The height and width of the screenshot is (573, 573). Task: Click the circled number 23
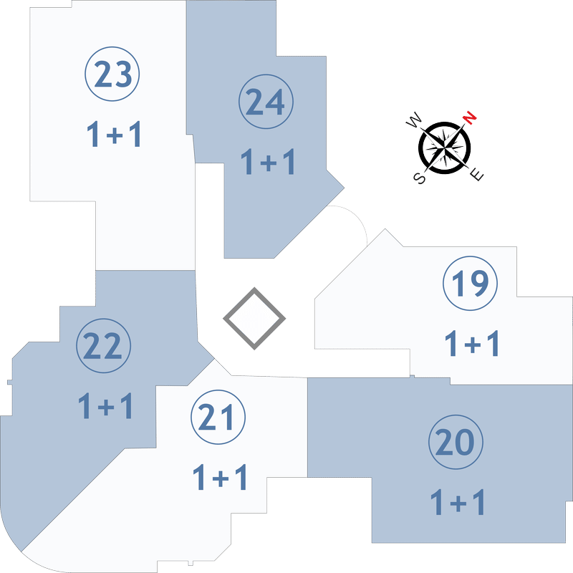(x=112, y=74)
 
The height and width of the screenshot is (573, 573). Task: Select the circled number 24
(x=266, y=102)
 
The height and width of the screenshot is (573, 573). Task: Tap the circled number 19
(x=470, y=283)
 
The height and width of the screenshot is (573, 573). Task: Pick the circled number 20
(x=456, y=442)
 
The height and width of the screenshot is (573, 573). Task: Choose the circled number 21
(x=218, y=417)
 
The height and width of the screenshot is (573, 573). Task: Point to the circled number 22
(x=103, y=346)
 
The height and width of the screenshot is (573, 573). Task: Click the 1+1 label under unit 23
(x=114, y=135)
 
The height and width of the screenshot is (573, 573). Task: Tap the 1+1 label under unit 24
(x=268, y=162)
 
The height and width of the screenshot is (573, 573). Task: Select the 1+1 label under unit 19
(x=472, y=343)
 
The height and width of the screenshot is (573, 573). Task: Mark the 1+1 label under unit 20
(x=458, y=502)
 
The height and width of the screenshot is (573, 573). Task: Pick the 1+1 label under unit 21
(x=220, y=477)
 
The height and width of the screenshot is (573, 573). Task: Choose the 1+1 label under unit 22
(x=105, y=405)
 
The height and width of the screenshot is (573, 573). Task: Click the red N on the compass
(x=470, y=117)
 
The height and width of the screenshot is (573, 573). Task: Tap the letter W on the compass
(x=414, y=120)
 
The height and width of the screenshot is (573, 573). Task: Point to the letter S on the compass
(x=420, y=178)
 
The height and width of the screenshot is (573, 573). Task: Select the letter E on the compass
(x=476, y=175)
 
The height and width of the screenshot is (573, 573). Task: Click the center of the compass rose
(x=444, y=148)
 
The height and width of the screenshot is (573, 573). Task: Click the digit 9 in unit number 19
(x=478, y=283)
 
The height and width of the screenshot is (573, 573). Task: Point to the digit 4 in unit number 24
(x=275, y=102)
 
